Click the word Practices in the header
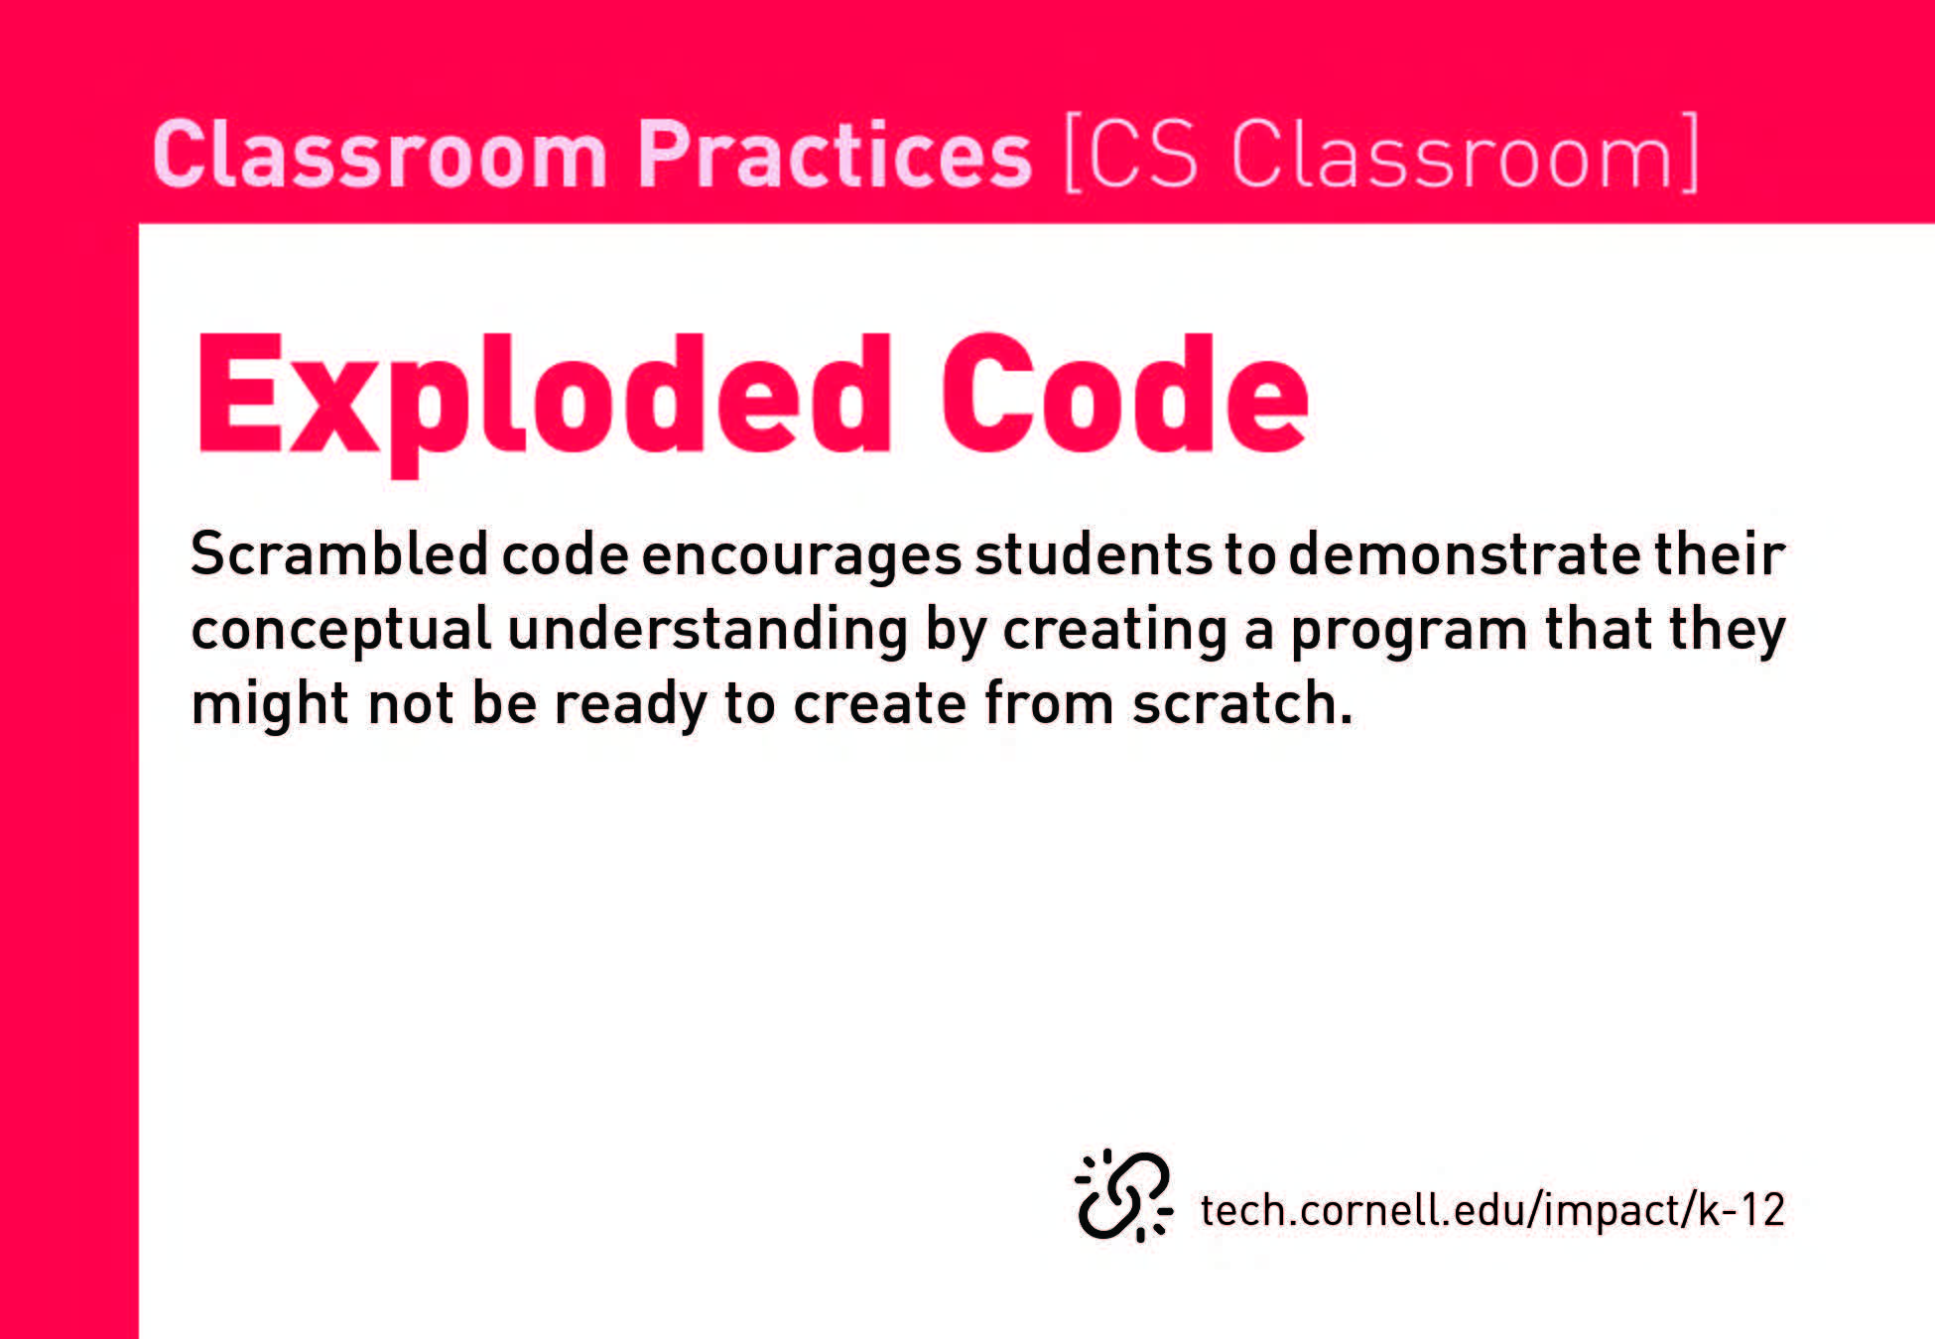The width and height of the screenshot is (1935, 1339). click(835, 154)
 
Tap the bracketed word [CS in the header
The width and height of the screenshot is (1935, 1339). click(1131, 154)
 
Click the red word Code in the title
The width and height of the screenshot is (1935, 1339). click(1125, 395)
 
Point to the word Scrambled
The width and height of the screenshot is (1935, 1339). click(339, 553)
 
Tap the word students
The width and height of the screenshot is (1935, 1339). click(1094, 553)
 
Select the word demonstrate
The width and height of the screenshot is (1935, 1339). click(1465, 553)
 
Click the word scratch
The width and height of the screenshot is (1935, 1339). click(1243, 703)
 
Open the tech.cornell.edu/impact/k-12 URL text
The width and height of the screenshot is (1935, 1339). click(1492, 1211)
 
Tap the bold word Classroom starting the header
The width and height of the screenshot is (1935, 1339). click(380, 154)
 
